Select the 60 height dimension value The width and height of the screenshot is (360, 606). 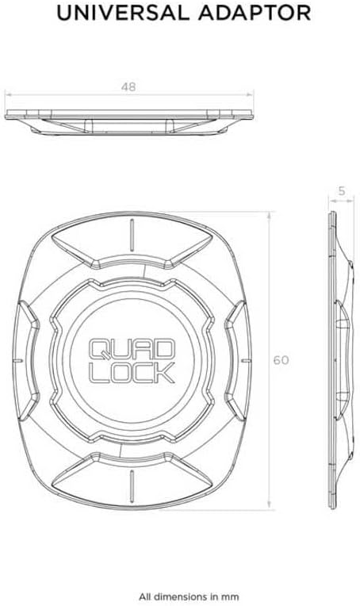(x=280, y=359)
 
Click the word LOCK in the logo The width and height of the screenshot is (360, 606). (x=132, y=374)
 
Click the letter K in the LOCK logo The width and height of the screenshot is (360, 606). (x=165, y=374)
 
